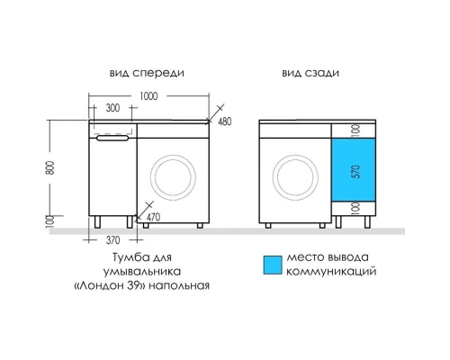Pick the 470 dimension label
[x=153, y=217]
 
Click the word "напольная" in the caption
[x=184, y=285]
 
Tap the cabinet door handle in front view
[x=112, y=137]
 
